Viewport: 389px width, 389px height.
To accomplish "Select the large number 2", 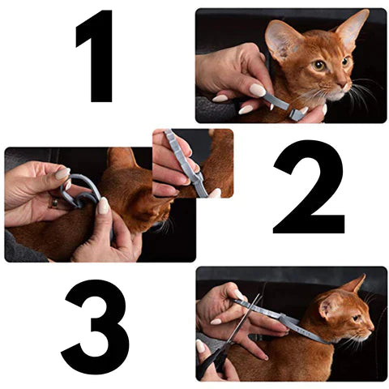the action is (x=310, y=186).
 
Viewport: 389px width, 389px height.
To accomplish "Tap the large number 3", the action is (x=95, y=327).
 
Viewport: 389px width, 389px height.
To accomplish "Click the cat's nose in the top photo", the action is (x=347, y=84).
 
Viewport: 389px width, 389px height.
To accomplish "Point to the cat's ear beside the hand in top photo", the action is (x=281, y=41).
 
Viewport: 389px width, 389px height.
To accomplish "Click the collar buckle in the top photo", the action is (x=297, y=114).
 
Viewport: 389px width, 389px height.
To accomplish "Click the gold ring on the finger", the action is (x=54, y=203).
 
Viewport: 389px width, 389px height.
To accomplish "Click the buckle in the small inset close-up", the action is (x=197, y=177).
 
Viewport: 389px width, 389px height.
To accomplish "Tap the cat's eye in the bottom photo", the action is (x=357, y=318).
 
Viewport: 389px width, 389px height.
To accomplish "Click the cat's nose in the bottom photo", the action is (x=372, y=328).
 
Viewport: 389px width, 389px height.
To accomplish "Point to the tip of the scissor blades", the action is (x=261, y=295).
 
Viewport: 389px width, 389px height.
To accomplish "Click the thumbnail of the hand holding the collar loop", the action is (x=62, y=173).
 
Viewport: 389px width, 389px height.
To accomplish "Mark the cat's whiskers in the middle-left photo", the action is (x=165, y=226).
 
